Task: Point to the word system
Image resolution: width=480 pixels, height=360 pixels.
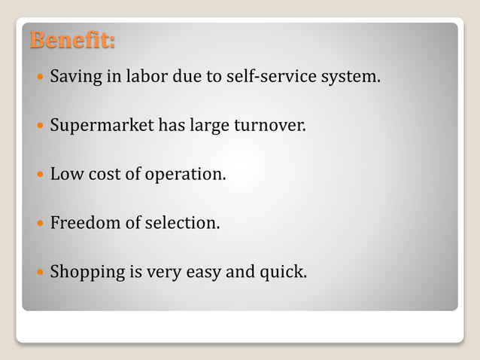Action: point(350,78)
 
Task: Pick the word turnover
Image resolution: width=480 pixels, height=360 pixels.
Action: point(270,126)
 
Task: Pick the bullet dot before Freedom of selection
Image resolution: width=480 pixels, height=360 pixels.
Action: point(39,224)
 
